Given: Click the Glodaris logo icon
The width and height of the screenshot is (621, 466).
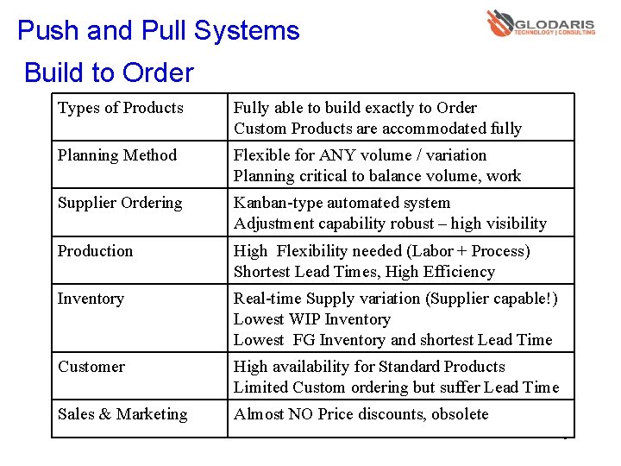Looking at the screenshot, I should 499,22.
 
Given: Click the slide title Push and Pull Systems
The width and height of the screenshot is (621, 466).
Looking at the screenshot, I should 159,31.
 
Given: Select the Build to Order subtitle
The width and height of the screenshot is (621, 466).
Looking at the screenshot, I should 110,72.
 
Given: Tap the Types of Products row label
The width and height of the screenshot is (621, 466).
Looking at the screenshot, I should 121,108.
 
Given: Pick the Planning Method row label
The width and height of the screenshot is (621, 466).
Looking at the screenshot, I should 117,155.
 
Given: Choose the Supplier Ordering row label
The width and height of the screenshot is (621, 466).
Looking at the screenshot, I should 120,203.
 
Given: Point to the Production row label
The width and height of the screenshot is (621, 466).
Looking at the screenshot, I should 96,251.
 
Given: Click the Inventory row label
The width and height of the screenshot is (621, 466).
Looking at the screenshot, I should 91,299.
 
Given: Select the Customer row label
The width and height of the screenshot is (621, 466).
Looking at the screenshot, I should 91,367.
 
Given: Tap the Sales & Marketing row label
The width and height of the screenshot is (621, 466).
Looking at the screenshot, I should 122,414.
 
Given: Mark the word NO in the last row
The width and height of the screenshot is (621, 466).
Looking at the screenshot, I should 301,414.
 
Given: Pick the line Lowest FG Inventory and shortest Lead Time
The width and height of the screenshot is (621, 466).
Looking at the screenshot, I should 392,340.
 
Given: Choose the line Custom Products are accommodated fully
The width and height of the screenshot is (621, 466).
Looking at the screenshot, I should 378,129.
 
